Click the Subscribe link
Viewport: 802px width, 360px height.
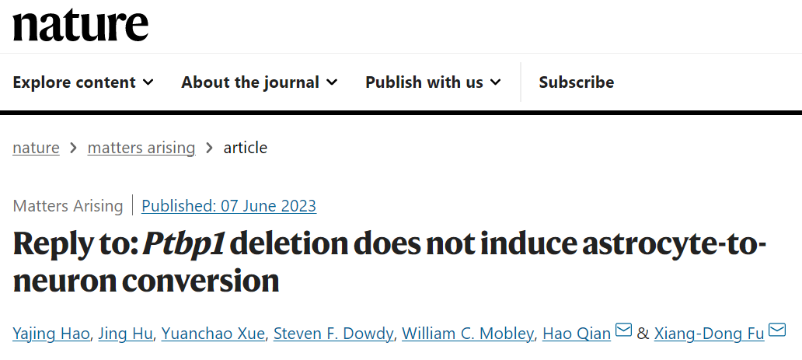point(576,82)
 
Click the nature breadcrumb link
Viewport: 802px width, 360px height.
point(36,148)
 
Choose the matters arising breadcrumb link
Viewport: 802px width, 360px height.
point(141,148)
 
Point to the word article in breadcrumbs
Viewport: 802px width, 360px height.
point(245,148)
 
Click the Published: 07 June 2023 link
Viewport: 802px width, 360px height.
point(228,206)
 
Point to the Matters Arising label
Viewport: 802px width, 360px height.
point(68,206)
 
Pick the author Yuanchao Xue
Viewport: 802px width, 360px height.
point(214,334)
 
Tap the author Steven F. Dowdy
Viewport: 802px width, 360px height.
point(334,334)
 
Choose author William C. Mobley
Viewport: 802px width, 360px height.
point(469,334)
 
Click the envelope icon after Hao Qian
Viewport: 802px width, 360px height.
point(623,331)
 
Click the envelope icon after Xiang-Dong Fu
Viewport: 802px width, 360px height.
point(777,331)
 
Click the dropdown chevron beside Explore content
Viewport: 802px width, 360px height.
point(148,82)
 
